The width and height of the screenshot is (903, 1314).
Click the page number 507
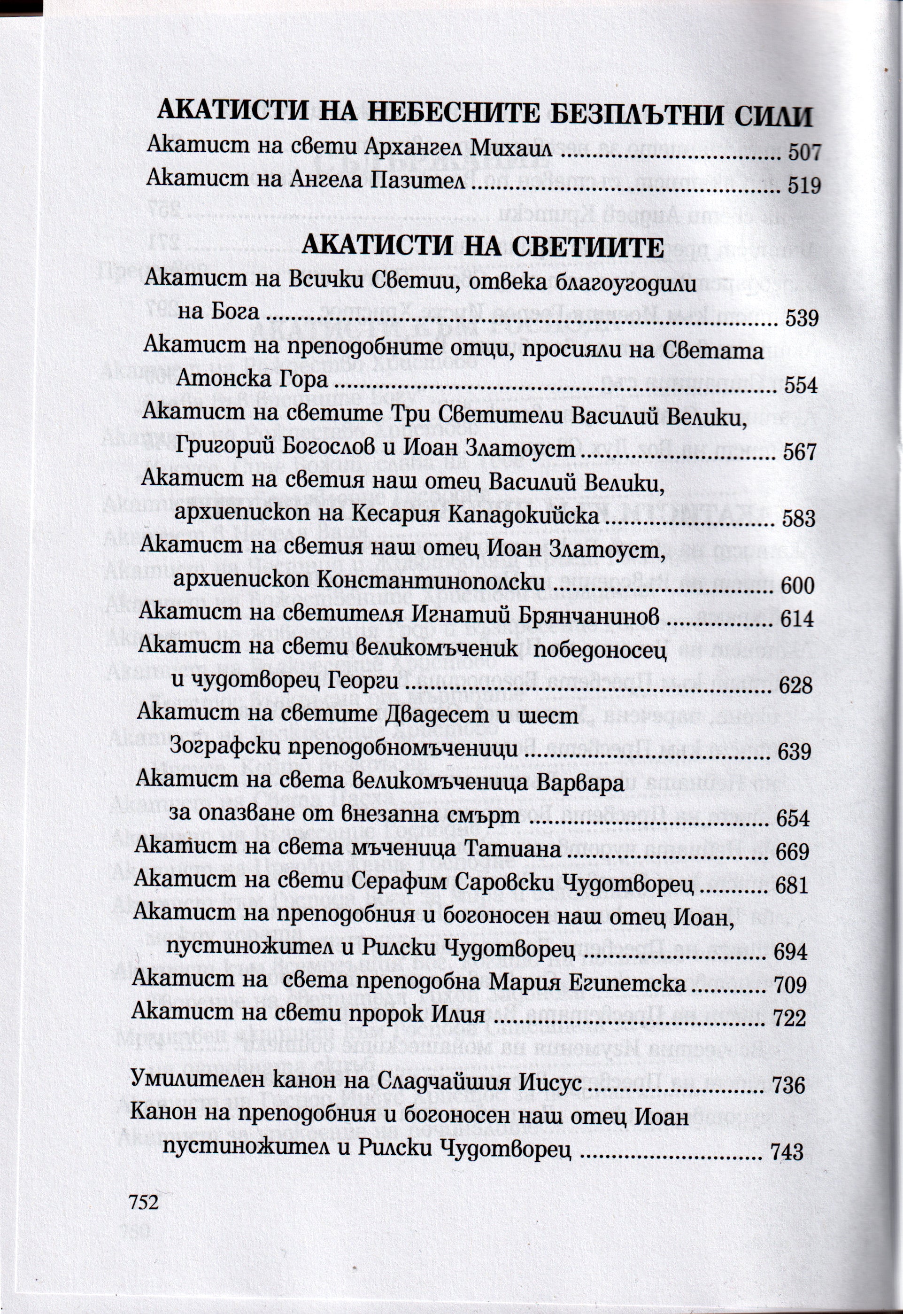tap(804, 152)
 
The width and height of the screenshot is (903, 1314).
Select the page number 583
tap(798, 519)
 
